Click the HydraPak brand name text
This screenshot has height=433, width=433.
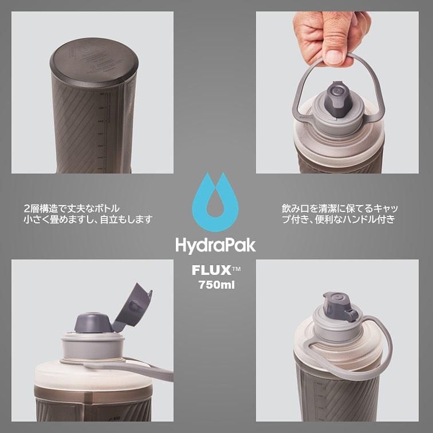pos(215,245)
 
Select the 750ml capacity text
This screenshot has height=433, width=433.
pos(216,285)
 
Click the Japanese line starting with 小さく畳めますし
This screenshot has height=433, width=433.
pos(88,219)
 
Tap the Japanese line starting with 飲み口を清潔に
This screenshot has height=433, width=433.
pos(343,207)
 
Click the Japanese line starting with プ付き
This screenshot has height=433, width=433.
pos(338,219)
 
